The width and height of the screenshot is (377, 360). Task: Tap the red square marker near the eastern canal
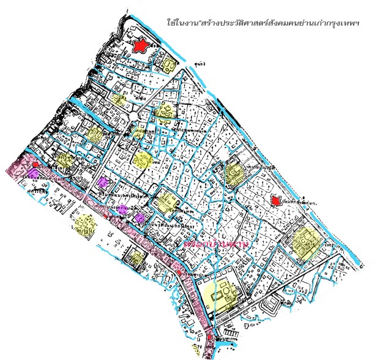point(275,200)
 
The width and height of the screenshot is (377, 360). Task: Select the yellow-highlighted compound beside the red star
point(166,63)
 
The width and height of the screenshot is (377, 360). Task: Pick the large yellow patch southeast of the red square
point(304,242)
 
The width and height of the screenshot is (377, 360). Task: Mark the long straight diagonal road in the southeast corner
point(306,276)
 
